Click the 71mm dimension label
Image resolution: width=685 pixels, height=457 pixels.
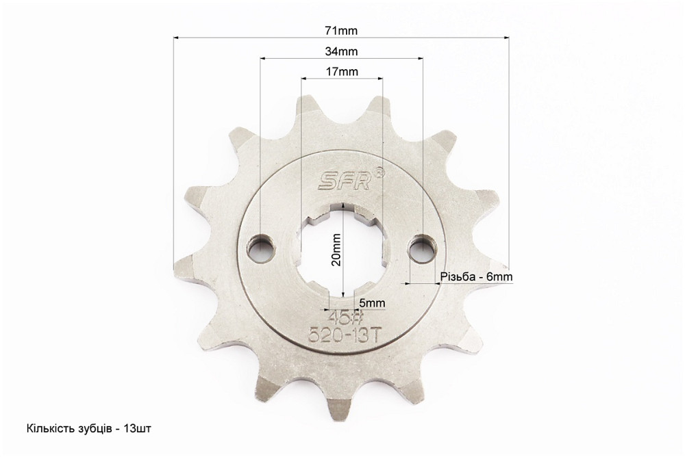pyautogui.click(x=341, y=31)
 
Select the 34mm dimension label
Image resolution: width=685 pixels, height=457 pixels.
pyautogui.click(x=341, y=51)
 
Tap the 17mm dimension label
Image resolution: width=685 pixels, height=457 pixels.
pyautogui.click(x=341, y=72)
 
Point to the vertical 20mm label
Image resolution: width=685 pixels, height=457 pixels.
pyautogui.click(x=336, y=250)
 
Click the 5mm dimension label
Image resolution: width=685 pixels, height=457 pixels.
pyautogui.click(x=372, y=303)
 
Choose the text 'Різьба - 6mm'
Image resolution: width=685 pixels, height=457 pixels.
pyautogui.click(x=477, y=276)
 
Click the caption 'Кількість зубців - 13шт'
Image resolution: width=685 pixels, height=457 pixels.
pyautogui.click(x=88, y=428)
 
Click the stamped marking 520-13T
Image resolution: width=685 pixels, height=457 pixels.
pyautogui.click(x=343, y=336)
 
